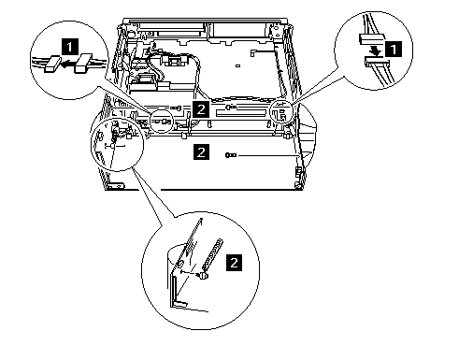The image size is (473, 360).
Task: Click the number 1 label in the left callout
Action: [70, 47]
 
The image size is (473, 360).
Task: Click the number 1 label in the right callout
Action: [394, 50]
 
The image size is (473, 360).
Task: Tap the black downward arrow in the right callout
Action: [377, 50]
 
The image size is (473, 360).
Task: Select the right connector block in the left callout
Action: [82, 64]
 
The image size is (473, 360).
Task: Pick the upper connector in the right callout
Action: [372, 39]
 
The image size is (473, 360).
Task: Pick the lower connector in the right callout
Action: [377, 62]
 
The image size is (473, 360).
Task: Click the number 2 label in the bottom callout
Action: [234, 263]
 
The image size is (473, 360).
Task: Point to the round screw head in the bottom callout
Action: [203, 275]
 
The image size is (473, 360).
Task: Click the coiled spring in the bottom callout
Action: [213, 254]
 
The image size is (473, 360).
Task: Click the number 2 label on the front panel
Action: [201, 151]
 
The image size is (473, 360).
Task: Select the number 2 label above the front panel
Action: [201, 109]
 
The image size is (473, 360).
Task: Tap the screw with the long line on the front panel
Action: [231, 155]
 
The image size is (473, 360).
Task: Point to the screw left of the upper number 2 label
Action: [176, 108]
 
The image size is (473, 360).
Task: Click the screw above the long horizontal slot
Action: [231, 107]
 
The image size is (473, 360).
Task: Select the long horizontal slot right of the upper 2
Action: [240, 113]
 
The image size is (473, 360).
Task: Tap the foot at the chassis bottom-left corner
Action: [115, 186]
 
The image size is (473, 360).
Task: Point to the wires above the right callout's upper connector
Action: [368, 25]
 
